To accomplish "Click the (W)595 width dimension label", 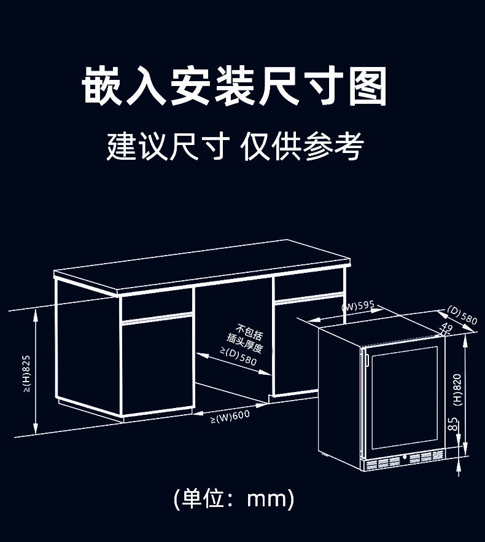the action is (x=359, y=306).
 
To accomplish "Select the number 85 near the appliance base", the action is (x=452, y=424).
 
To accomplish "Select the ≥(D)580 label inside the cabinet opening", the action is (x=238, y=358).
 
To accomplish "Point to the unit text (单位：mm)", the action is (x=234, y=498).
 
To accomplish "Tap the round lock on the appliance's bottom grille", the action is (x=405, y=457).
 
